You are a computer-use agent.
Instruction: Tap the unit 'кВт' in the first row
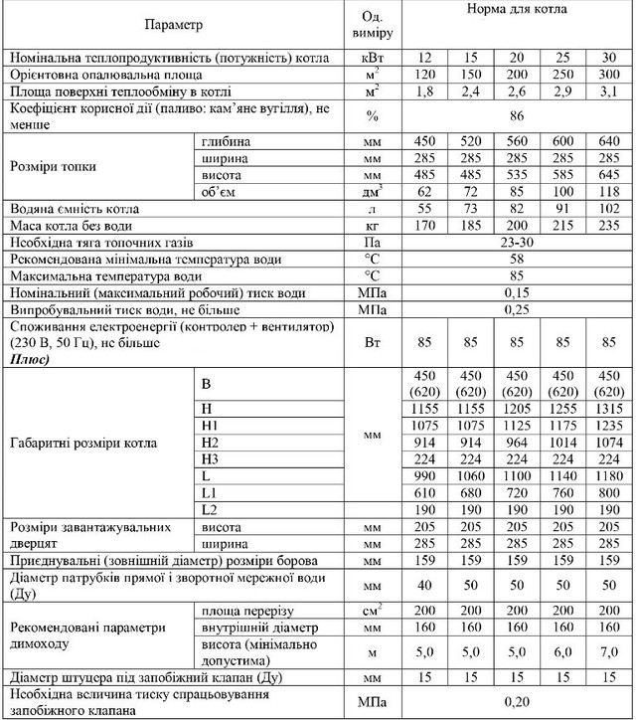pyautogui.click(x=373, y=57)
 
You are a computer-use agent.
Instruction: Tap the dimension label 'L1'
pyautogui.click(x=208, y=494)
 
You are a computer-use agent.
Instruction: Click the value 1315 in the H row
pyautogui.click(x=610, y=409)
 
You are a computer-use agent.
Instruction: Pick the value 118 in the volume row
pyautogui.click(x=610, y=191)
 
